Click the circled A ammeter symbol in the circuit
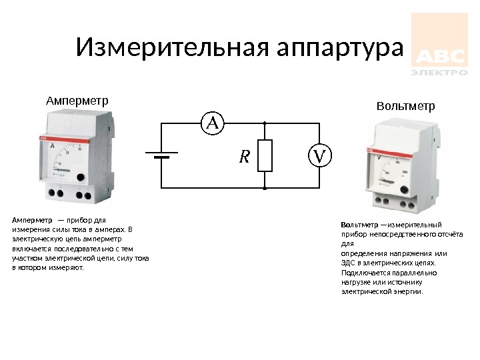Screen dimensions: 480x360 tap(213, 122)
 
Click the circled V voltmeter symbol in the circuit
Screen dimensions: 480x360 tap(319, 156)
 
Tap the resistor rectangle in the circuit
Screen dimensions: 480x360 tap(265, 156)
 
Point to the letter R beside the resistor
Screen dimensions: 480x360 tap(244, 157)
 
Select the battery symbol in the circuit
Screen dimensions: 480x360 tap(161, 156)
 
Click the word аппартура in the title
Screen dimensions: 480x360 tap(339, 48)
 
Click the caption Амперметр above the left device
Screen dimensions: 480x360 tap(77, 101)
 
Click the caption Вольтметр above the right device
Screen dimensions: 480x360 tap(405, 106)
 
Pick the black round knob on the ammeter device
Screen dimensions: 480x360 tap(81, 177)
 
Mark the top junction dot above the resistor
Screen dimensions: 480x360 tap(265, 123)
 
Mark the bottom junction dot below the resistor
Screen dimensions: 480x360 tap(265, 189)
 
